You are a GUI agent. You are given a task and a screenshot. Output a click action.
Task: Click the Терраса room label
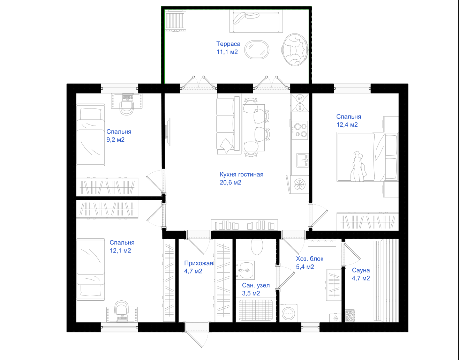point(228,44)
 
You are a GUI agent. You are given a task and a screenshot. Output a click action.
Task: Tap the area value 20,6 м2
point(230,182)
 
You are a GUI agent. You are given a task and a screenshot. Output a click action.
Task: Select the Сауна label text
point(361,270)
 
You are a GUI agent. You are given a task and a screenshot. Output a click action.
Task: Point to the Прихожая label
point(198,263)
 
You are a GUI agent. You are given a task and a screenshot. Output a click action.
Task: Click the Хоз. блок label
point(309,258)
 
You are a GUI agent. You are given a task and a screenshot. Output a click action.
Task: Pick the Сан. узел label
point(256,285)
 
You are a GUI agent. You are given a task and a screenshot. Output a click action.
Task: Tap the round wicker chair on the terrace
point(295,50)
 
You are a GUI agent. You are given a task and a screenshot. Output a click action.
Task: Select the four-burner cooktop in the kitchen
point(300,130)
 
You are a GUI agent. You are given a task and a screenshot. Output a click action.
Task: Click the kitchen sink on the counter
point(302,160)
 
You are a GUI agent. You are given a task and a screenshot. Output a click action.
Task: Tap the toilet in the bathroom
point(257,247)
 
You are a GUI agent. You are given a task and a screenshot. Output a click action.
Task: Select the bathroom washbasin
point(245,270)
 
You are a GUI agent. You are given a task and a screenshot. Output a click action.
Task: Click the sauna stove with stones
point(350,316)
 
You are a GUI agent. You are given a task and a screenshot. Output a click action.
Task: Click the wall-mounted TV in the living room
point(168,132)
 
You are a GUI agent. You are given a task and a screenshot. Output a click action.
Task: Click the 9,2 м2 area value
point(115,140)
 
